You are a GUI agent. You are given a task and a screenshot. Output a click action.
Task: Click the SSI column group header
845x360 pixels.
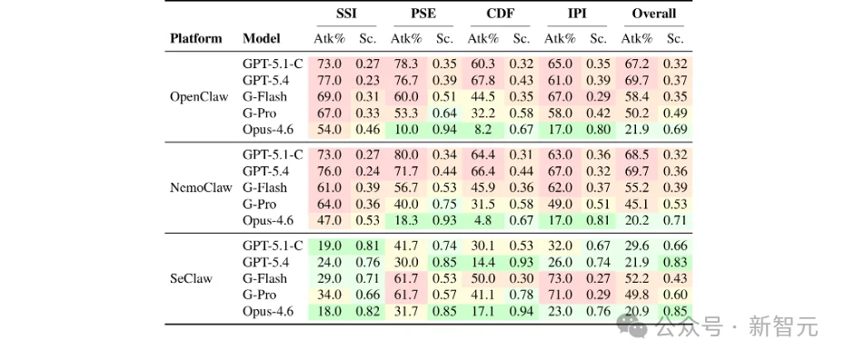[x=346, y=14]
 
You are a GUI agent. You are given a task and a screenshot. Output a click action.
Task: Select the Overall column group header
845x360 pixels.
[x=653, y=14]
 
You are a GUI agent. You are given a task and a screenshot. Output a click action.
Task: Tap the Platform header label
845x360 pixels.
[x=196, y=38]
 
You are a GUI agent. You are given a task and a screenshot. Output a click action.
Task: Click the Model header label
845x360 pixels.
[x=262, y=38]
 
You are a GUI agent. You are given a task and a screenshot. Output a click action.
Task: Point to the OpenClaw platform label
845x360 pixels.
[x=199, y=97]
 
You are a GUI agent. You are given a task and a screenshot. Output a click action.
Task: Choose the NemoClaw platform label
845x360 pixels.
[x=201, y=187]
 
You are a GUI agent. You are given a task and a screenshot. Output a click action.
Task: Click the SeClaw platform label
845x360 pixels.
[x=191, y=278]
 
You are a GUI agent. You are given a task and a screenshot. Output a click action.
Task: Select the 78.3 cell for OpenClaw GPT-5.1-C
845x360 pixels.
[x=406, y=65]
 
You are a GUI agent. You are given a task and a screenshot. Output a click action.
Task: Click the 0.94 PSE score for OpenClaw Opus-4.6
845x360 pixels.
[x=444, y=130]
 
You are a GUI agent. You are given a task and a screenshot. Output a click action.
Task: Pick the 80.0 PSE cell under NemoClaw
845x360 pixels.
[x=406, y=155]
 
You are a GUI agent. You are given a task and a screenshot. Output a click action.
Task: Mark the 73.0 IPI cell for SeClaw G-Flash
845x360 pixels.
[x=560, y=278]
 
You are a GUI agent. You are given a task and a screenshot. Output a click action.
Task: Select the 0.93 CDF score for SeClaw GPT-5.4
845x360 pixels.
[x=522, y=263]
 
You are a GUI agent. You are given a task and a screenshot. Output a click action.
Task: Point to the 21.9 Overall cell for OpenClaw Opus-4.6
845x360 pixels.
[x=636, y=130]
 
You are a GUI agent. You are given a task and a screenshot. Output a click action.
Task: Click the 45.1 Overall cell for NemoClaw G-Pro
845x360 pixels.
[x=636, y=205]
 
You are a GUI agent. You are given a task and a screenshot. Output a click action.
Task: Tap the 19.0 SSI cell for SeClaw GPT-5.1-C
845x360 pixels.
[x=329, y=245]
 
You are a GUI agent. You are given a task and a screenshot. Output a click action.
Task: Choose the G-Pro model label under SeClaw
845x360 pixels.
[x=260, y=295]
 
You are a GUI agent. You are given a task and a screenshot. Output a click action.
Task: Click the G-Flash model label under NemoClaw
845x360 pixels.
[x=265, y=187]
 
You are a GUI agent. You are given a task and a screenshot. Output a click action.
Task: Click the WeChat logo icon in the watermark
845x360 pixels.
[x=634, y=325]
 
